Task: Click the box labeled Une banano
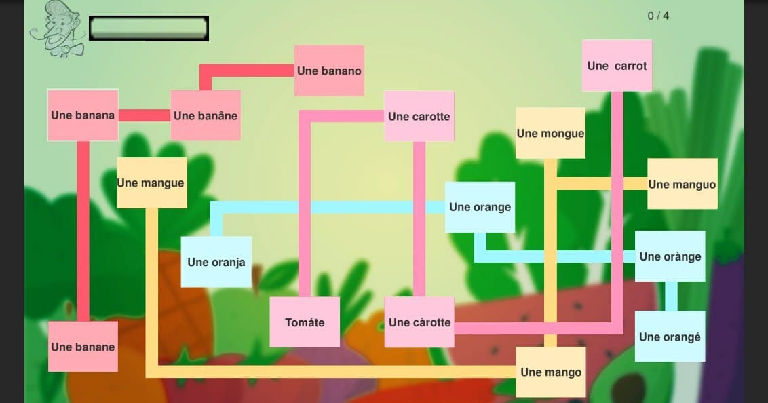(x=329, y=71)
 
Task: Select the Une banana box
(x=83, y=115)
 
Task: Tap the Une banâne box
(x=206, y=115)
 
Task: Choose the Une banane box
(x=83, y=347)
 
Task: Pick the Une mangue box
(x=152, y=183)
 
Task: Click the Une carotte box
(x=419, y=116)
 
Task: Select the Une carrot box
(x=617, y=66)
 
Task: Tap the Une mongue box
(x=550, y=133)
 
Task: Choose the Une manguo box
(x=683, y=184)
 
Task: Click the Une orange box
(x=480, y=207)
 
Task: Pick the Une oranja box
(x=216, y=262)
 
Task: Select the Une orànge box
(x=670, y=256)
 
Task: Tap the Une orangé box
(x=670, y=337)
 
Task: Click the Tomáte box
(x=305, y=322)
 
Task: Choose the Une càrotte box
(x=419, y=322)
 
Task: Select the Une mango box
(x=550, y=372)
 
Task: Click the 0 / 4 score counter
(x=658, y=16)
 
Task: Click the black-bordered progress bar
(x=149, y=28)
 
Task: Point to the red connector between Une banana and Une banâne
(x=145, y=115)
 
